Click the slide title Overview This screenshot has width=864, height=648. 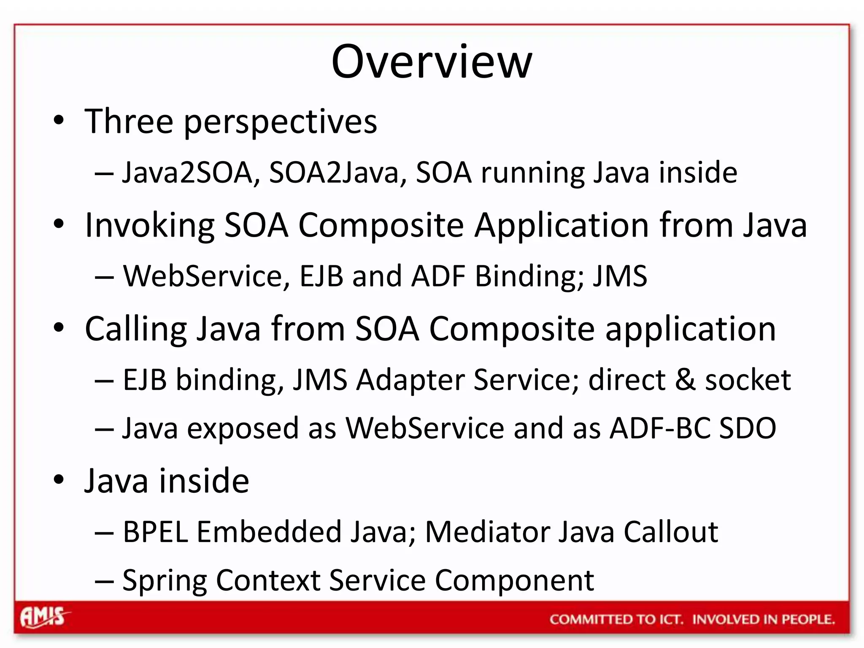point(432,62)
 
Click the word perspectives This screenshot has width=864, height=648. point(281,122)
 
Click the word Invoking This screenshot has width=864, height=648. point(150,226)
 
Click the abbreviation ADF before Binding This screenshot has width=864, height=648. point(438,276)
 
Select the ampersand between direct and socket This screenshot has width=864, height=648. point(685,380)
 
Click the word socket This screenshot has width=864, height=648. point(748,380)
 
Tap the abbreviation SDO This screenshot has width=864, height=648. point(747,428)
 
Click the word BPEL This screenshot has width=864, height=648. point(155,532)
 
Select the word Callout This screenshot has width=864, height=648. point(671,532)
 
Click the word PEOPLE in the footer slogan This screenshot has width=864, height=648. point(807,619)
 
